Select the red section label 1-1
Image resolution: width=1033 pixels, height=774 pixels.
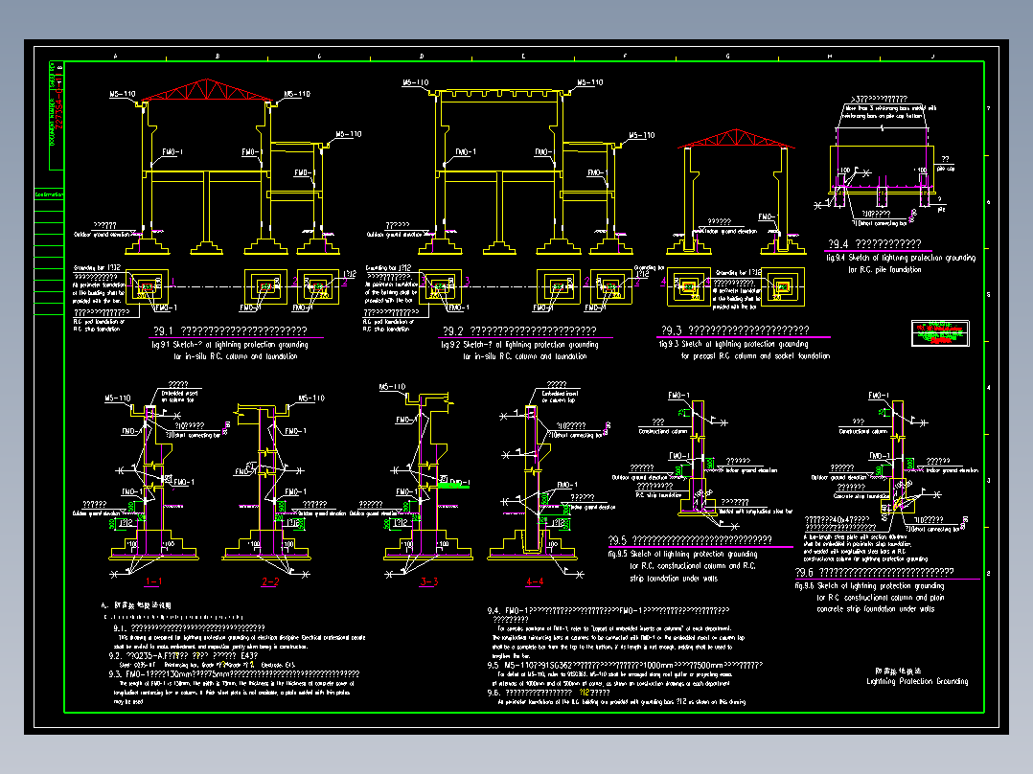(153, 581)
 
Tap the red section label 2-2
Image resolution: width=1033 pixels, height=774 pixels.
(269, 581)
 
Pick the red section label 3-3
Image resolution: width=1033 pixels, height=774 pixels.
(428, 581)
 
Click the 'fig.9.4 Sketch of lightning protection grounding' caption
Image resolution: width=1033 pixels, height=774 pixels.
(900, 258)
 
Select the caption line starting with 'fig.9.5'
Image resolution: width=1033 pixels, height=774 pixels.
(682, 554)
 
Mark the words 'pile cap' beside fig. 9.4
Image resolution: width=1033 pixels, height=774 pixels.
(945, 169)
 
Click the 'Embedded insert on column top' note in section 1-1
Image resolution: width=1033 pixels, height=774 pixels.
(181, 395)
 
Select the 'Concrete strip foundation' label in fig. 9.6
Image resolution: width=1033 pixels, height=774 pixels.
(845, 496)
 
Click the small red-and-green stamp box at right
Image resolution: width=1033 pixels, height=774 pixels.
(939, 333)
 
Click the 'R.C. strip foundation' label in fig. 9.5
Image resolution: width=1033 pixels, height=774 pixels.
(654, 495)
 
